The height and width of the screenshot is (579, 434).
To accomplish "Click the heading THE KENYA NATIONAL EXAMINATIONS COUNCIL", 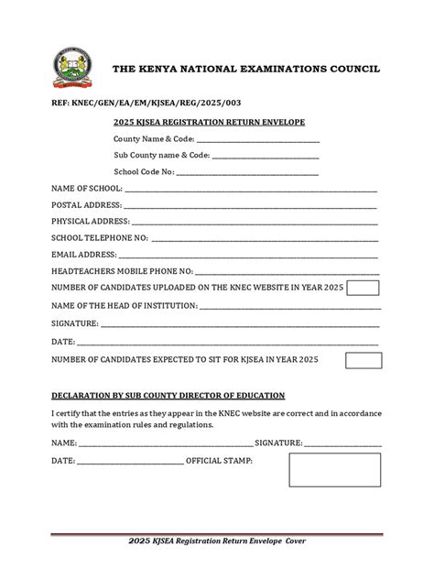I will click(x=234, y=70).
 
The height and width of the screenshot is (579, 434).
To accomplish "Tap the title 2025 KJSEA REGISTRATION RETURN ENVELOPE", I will click(x=208, y=123).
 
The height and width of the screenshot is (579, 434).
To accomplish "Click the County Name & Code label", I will click(x=154, y=139).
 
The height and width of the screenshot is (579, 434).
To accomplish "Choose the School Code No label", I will click(x=144, y=171).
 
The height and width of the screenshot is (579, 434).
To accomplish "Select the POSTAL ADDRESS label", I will click(x=86, y=204).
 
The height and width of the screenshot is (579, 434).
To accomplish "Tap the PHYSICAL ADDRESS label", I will click(x=91, y=222).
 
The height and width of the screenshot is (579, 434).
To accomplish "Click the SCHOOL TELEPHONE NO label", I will click(x=99, y=238).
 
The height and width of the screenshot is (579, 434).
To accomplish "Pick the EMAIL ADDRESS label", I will click(x=83, y=255).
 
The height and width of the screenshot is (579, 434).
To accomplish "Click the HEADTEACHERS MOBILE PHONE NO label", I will click(x=122, y=271).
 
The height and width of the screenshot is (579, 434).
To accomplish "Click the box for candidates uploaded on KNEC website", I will click(x=363, y=289).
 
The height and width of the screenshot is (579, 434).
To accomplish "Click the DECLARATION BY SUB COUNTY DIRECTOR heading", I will click(x=168, y=395).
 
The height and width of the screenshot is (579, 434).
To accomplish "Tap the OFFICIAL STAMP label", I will click(x=219, y=461).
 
